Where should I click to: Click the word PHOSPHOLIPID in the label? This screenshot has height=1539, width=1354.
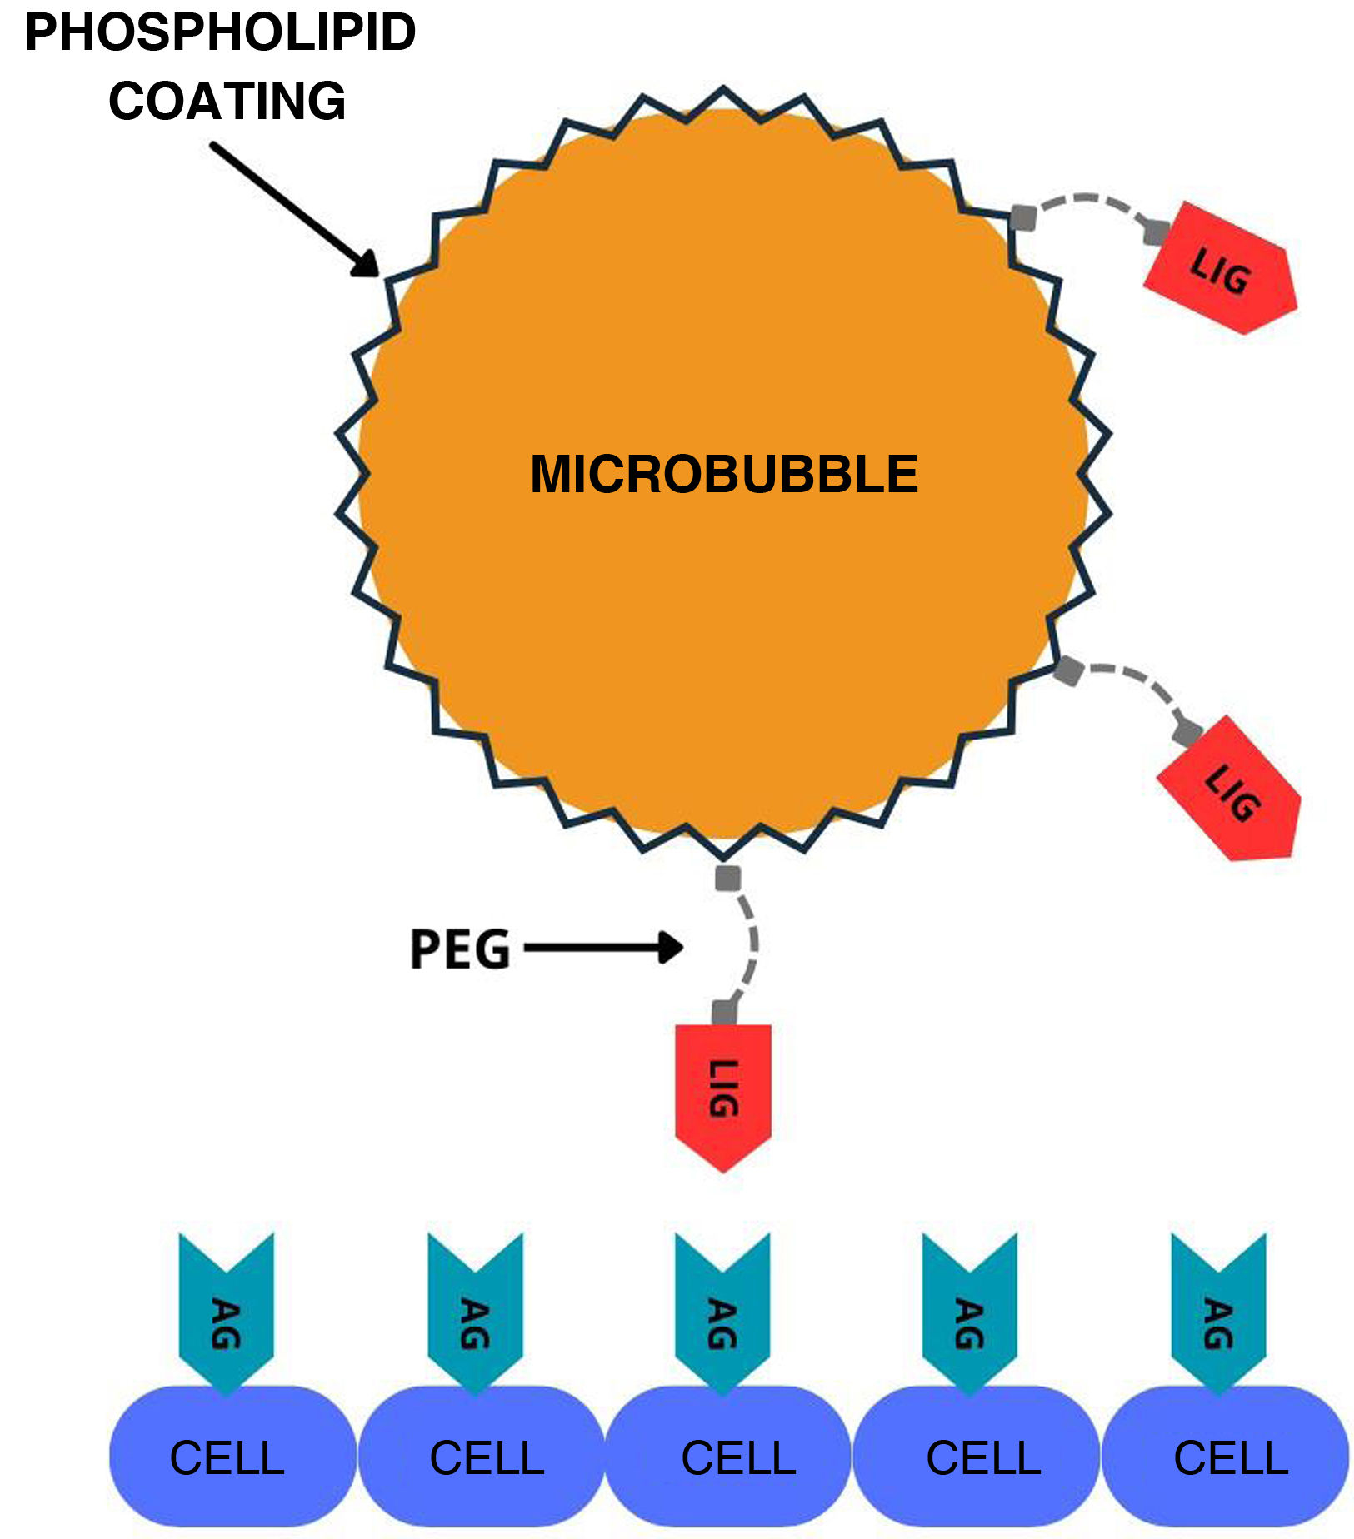pyautogui.click(x=220, y=33)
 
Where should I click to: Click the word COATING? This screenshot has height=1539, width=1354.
pyautogui.click(x=227, y=102)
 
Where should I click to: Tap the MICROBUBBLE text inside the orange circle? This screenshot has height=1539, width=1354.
pyautogui.click(x=723, y=474)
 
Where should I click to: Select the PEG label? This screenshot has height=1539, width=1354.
pyautogui.click(x=459, y=949)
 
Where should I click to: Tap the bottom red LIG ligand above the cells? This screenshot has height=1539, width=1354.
pyautogui.click(x=723, y=1091)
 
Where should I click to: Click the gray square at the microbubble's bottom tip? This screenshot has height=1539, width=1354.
pyautogui.click(x=727, y=878)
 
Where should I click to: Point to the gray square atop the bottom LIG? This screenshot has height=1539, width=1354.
pyautogui.click(x=724, y=1013)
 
